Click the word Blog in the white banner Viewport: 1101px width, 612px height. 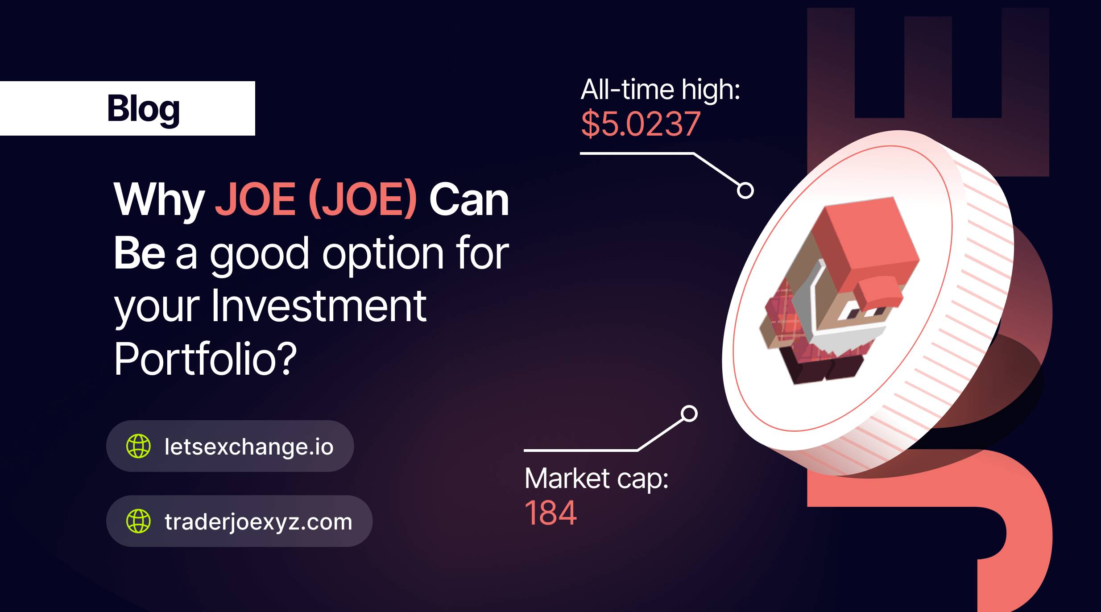tap(144, 109)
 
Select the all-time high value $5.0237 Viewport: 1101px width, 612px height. tap(641, 124)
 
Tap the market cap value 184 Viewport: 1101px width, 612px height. tap(550, 513)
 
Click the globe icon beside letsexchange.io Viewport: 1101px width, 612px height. tap(138, 446)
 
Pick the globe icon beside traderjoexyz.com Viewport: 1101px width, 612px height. tap(138, 521)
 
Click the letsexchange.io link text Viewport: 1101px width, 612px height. tap(249, 447)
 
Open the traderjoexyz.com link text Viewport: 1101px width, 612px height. tap(258, 522)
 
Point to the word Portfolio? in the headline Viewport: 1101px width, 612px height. tap(205, 359)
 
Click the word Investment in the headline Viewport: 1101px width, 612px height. tap(319, 306)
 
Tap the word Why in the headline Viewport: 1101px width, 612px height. tap(159, 200)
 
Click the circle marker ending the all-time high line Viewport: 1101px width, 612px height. tap(745, 190)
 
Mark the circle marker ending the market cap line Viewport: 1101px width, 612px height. tap(689, 414)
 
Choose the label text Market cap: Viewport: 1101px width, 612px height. tap(596, 479)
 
